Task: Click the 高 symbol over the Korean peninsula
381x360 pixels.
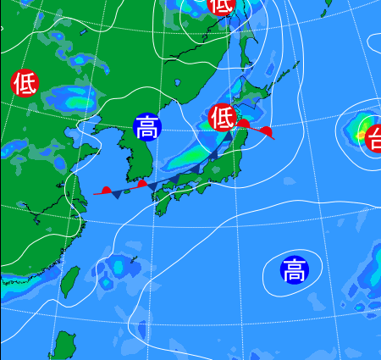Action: pyautogui.click(x=146, y=127)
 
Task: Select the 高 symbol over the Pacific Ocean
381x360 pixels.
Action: pyautogui.click(x=295, y=270)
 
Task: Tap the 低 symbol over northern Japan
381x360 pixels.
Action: pyautogui.click(x=222, y=116)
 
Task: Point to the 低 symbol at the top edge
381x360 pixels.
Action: pyautogui.click(x=220, y=5)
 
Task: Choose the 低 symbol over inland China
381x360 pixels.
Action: pyautogui.click(x=25, y=83)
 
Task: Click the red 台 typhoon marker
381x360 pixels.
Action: pyautogui.click(x=373, y=137)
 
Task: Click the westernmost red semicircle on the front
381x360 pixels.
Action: pyautogui.click(x=107, y=190)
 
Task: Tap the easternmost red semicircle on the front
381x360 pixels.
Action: pyautogui.click(x=267, y=131)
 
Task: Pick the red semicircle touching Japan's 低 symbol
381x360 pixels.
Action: pyautogui.click(x=242, y=124)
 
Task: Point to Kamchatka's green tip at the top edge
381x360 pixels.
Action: pyautogui.click(x=328, y=3)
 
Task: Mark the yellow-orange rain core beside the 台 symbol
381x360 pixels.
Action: pyautogui.click(x=362, y=134)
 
